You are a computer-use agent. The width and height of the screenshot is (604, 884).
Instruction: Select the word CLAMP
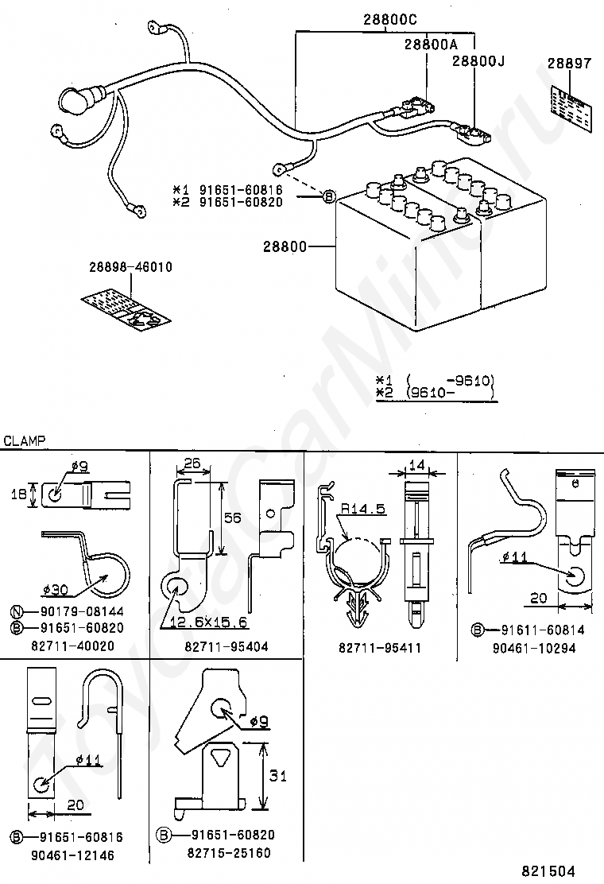[25, 440]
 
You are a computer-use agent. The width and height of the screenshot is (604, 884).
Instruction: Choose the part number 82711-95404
[226, 646]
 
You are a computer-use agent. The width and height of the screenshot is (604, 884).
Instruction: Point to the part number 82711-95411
[381, 646]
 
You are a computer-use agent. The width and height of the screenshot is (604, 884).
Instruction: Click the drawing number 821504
[548, 872]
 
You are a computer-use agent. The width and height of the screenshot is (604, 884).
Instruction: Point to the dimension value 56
[232, 518]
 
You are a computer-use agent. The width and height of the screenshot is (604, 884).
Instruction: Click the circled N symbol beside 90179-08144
[17, 611]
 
